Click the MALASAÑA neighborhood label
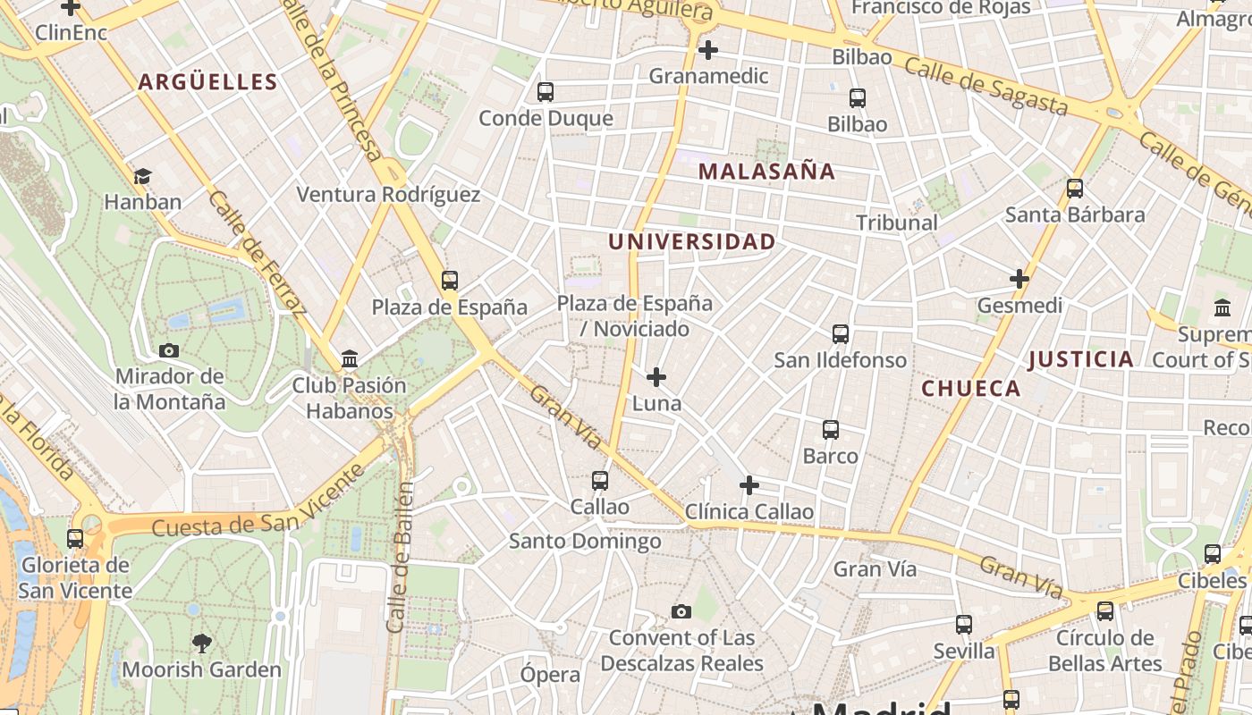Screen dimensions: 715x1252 pos(766,172)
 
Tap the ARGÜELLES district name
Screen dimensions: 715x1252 pos(207,82)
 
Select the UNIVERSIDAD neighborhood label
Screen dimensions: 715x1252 pos(691,241)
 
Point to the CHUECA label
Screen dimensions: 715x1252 pos(970,388)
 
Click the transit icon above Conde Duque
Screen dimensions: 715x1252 pos(545,92)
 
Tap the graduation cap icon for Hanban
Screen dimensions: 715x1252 pos(142,176)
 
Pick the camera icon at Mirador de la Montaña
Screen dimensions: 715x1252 pos(168,350)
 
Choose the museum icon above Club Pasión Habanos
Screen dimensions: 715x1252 pos(350,359)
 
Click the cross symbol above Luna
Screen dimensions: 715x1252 pos(656,377)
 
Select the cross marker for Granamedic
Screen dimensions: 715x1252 pos(707,50)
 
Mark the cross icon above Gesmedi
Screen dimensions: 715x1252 pos(1019,279)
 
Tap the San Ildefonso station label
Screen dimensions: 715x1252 pos(840,360)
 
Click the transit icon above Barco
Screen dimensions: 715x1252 pos(830,430)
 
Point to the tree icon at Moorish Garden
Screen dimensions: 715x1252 pos(201,643)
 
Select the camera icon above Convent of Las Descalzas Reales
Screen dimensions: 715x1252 pos(681,612)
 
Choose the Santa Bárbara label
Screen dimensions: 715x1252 pos(1075,214)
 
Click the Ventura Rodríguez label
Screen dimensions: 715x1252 pos(388,195)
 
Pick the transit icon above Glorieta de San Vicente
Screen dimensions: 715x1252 pos(75,539)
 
